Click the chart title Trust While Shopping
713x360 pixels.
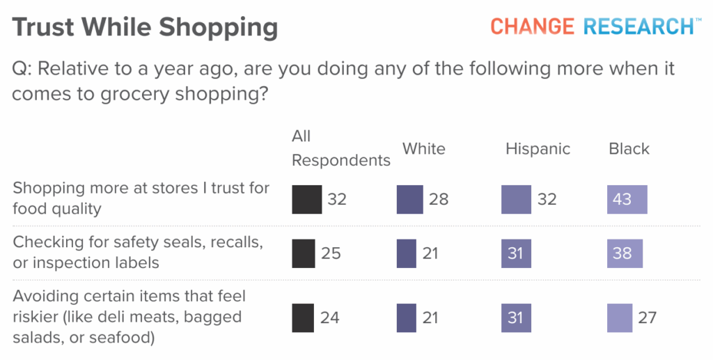[145, 28]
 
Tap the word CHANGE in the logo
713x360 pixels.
[532, 26]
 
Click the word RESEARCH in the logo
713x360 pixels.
[638, 26]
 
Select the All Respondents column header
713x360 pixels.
[340, 148]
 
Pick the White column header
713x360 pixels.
[423, 149]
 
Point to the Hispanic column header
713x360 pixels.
[538, 149]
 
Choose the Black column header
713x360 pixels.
[629, 149]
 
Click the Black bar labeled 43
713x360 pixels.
[627, 199]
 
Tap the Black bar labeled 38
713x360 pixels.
[625, 253]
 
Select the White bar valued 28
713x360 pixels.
[409, 199]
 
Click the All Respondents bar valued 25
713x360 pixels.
[304, 253]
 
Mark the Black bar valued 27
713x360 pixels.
[619, 318]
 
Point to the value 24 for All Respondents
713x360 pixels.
[330, 318]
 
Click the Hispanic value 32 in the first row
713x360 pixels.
[547, 200]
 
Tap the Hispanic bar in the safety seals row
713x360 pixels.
[515, 253]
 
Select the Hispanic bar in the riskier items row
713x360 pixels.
[515, 318]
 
